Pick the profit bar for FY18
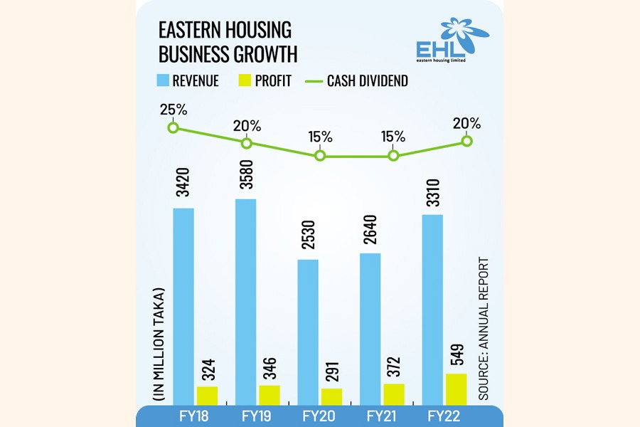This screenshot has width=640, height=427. pos(208,396)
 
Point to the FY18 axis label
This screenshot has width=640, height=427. pos(194,416)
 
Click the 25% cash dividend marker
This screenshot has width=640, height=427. pos(172,127)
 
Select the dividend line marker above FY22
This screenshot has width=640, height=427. pos(467,141)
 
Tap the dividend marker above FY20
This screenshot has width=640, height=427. pos(320,156)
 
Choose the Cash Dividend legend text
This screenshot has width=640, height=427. pos(367,81)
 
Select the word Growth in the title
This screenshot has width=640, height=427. pos(258,54)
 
